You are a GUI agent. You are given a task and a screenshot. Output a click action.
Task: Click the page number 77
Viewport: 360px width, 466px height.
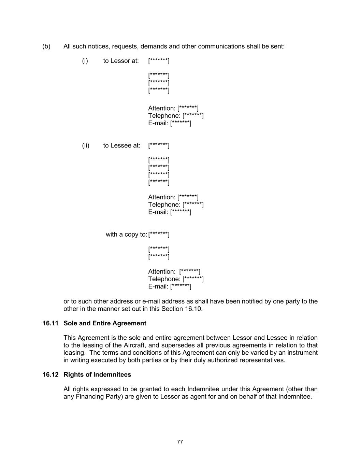coord(180,442)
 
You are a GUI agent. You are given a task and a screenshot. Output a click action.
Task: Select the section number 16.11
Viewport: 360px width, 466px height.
coord(51,323)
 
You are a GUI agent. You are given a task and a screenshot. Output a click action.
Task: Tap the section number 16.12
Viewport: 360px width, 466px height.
coord(51,375)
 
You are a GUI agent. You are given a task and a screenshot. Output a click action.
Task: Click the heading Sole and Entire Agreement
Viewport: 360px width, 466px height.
coord(105,323)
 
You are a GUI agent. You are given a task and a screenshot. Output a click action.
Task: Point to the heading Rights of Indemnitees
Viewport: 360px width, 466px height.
coord(97,375)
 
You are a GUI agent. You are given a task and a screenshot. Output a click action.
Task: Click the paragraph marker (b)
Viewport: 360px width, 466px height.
coord(46,46)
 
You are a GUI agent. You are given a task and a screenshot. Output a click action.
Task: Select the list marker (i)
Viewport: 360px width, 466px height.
coord(85,61)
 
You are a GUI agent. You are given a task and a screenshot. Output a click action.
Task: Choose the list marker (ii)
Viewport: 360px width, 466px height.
coord(86,145)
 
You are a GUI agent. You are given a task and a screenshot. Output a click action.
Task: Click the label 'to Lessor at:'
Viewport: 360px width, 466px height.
coord(121,61)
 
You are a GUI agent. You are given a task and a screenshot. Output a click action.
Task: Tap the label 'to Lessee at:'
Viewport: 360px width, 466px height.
coord(122,145)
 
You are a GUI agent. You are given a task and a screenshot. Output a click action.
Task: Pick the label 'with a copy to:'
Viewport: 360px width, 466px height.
coord(126,235)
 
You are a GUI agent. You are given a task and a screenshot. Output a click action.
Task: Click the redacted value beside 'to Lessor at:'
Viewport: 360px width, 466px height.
coord(159,61)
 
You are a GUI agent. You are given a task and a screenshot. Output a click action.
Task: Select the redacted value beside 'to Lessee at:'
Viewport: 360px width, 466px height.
coord(159,145)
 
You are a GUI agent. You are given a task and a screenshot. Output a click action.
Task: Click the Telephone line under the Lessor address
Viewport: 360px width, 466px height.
coord(176,116)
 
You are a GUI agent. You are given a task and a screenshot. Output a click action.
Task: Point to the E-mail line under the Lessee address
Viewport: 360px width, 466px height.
coord(170,212)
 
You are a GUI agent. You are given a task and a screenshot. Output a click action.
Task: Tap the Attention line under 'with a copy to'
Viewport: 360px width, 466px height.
coord(174,272)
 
